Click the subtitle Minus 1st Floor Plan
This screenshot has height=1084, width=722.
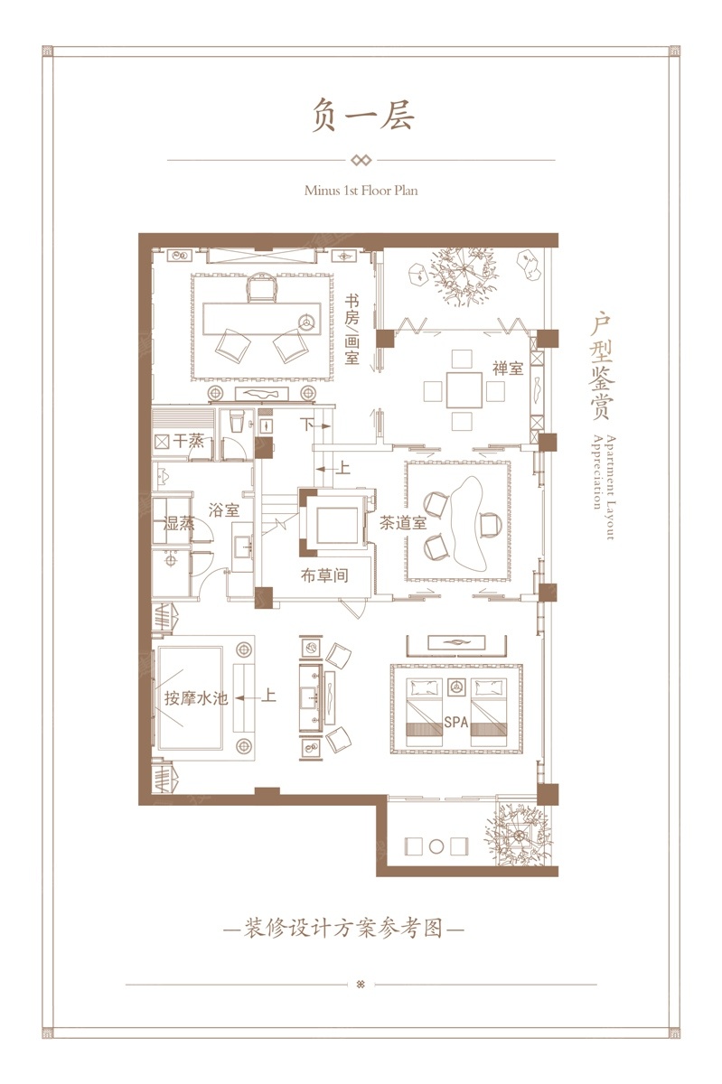361,191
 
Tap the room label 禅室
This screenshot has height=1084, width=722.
508,369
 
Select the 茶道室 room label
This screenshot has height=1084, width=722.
403,523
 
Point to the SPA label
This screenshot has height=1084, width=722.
456,723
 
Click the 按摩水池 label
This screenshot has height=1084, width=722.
196,698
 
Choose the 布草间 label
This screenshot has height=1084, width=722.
324,575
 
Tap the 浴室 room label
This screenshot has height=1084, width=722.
224,510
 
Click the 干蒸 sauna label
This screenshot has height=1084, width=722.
188,441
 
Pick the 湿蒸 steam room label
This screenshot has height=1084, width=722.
179,523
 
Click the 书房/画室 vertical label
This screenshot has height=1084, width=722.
352,330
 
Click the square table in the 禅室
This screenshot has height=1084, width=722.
464,390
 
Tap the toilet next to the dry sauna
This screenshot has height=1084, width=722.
237,421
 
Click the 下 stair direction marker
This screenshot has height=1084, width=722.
307,425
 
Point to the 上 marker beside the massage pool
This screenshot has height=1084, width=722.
268,696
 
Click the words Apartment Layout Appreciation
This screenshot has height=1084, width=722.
604,487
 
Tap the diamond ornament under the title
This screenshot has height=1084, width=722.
361,160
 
